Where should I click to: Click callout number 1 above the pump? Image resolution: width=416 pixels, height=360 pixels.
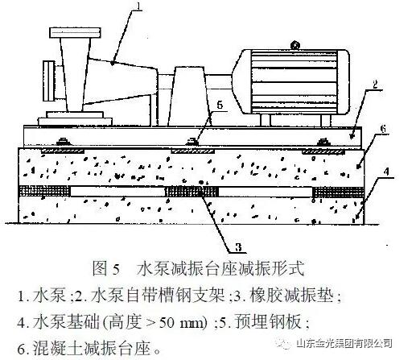pyautogui.click(x=138, y=6)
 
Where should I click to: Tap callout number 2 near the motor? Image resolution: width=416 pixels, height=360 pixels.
pyautogui.click(x=375, y=84)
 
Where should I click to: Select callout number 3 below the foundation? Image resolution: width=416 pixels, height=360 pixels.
pyautogui.click(x=238, y=247)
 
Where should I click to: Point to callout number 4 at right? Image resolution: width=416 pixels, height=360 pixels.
pyautogui.click(x=386, y=172)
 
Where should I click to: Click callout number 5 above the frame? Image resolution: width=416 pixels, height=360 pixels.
pyautogui.click(x=220, y=105)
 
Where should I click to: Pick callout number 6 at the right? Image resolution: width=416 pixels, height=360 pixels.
pyautogui.click(x=383, y=129)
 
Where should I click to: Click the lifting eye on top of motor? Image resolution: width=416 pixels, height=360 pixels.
pyautogui.click(x=295, y=45)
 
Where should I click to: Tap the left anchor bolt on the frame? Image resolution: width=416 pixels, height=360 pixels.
pyautogui.click(x=63, y=141)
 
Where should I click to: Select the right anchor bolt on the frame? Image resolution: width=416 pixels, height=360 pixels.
pyautogui.click(x=323, y=141)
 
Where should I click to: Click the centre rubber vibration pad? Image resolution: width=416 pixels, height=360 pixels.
pyautogui.click(x=192, y=192)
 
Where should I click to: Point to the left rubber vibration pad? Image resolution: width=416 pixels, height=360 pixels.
pyautogui.click(x=44, y=192)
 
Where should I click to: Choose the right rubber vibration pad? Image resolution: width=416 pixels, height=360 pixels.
pyautogui.click(x=339, y=192)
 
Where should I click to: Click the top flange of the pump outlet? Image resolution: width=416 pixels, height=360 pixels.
pyautogui.click(x=75, y=32)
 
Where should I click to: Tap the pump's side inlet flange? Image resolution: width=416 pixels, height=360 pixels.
pyautogui.click(x=49, y=81)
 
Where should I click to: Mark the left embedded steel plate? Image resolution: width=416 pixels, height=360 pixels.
pyautogui.click(x=62, y=151)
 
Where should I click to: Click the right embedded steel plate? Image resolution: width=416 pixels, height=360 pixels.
pyautogui.click(x=323, y=151)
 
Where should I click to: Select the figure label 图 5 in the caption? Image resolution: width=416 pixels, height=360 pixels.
pyautogui.click(x=105, y=268)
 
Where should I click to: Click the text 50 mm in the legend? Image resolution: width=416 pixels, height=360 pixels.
pyautogui.click(x=183, y=321)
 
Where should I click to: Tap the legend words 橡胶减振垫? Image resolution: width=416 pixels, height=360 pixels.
pyautogui.click(x=291, y=296)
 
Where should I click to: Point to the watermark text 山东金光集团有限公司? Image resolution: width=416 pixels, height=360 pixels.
pyautogui.click(x=344, y=343)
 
